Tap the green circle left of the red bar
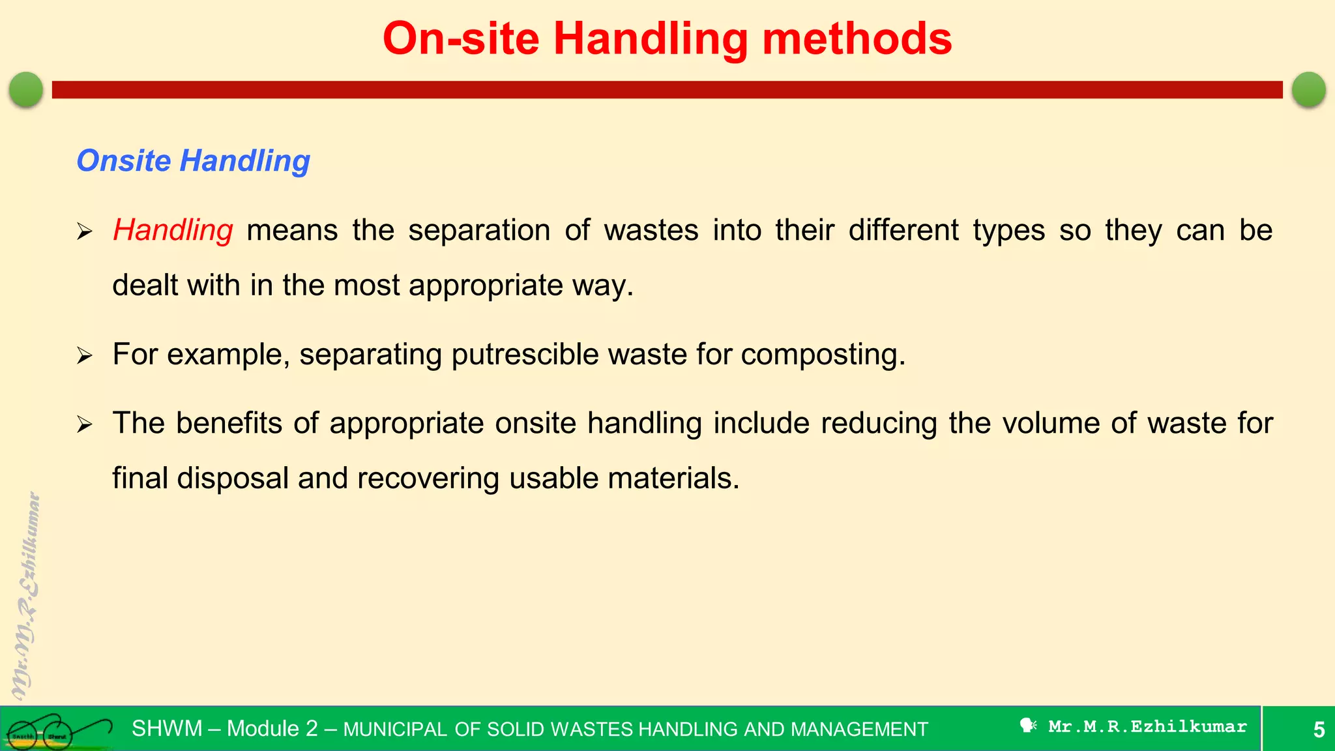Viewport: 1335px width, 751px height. point(26,89)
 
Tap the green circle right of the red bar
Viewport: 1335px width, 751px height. point(1308,89)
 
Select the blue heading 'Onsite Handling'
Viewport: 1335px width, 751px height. point(193,161)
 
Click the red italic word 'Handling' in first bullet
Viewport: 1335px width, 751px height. point(173,231)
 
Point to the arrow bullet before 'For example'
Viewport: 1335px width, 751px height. point(85,356)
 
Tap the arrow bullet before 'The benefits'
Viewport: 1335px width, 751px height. point(85,425)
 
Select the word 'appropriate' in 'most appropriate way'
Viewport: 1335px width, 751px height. point(486,286)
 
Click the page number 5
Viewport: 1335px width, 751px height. point(1318,729)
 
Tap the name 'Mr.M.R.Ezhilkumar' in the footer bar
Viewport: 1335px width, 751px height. point(1147,727)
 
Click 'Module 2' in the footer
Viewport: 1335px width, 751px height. point(272,729)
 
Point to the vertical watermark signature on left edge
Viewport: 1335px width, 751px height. point(26,596)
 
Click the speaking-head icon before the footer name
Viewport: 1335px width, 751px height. point(1028,726)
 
